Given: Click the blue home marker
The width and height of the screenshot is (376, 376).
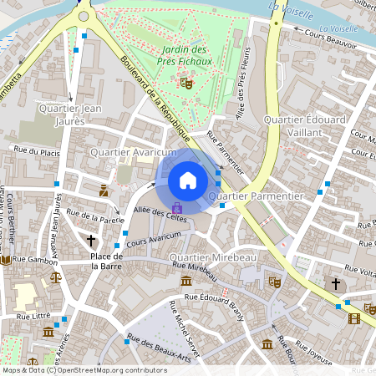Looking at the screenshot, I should (188, 180).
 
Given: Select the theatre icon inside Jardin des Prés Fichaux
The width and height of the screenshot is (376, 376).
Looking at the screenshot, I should (185, 82).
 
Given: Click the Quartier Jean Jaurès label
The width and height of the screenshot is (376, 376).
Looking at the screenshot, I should (70, 114).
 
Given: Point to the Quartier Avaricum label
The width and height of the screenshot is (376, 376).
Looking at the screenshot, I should (133, 153).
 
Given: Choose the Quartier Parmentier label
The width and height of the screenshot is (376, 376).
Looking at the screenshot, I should (256, 196).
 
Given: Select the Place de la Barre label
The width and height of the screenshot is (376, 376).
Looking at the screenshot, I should (107, 261).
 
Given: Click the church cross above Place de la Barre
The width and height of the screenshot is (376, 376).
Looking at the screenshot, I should (92, 241).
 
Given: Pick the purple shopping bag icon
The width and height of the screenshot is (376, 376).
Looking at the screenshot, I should (176, 206).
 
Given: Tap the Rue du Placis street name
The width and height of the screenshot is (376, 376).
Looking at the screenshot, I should (38, 150).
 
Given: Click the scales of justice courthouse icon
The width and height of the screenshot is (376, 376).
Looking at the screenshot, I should (54, 276).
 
